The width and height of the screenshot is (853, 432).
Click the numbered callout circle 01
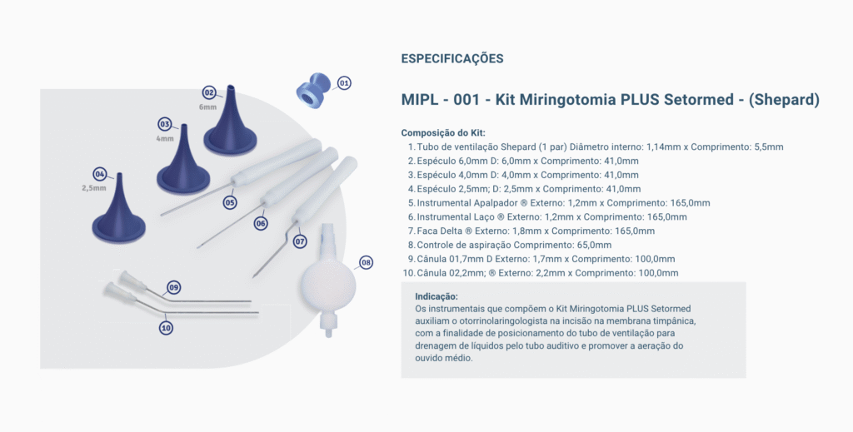point(344,83)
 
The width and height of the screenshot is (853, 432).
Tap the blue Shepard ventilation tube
point(313,91)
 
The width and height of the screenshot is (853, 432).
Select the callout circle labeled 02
point(209,92)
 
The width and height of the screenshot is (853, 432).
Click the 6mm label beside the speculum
point(207,107)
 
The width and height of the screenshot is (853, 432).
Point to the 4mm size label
point(165,138)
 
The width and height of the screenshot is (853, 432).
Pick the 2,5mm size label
point(94,188)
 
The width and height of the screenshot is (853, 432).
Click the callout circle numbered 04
point(100,174)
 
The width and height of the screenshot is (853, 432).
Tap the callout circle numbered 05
point(230,203)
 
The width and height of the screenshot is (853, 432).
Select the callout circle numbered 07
point(300,241)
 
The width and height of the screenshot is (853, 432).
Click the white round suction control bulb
point(328,280)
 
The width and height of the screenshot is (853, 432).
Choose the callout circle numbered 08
point(367,263)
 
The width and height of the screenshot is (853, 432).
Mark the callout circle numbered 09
point(173,287)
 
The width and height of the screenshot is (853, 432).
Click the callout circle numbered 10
point(166,328)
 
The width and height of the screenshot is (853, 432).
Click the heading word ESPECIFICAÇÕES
point(452,59)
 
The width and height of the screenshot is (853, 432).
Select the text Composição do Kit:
point(443,132)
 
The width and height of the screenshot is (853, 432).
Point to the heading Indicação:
point(436,296)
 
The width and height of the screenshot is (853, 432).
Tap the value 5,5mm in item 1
point(769,146)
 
